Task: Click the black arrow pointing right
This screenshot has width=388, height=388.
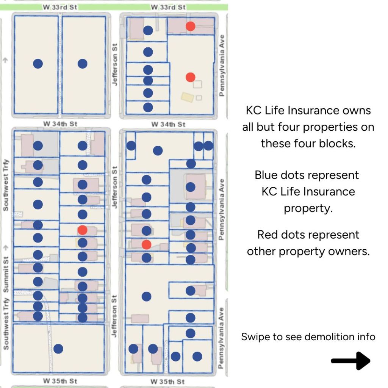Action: point(350,360)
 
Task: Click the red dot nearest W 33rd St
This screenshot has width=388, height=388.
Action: point(190,26)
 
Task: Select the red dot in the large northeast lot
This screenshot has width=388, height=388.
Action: point(190,77)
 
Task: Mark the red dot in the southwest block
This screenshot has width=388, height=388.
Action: point(82,230)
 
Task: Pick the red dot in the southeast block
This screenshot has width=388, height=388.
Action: point(147,244)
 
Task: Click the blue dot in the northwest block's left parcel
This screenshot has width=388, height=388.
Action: point(38,64)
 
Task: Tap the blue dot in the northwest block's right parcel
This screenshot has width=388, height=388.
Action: point(82,64)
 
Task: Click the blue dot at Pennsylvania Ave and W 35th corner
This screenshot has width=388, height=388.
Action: point(197,356)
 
